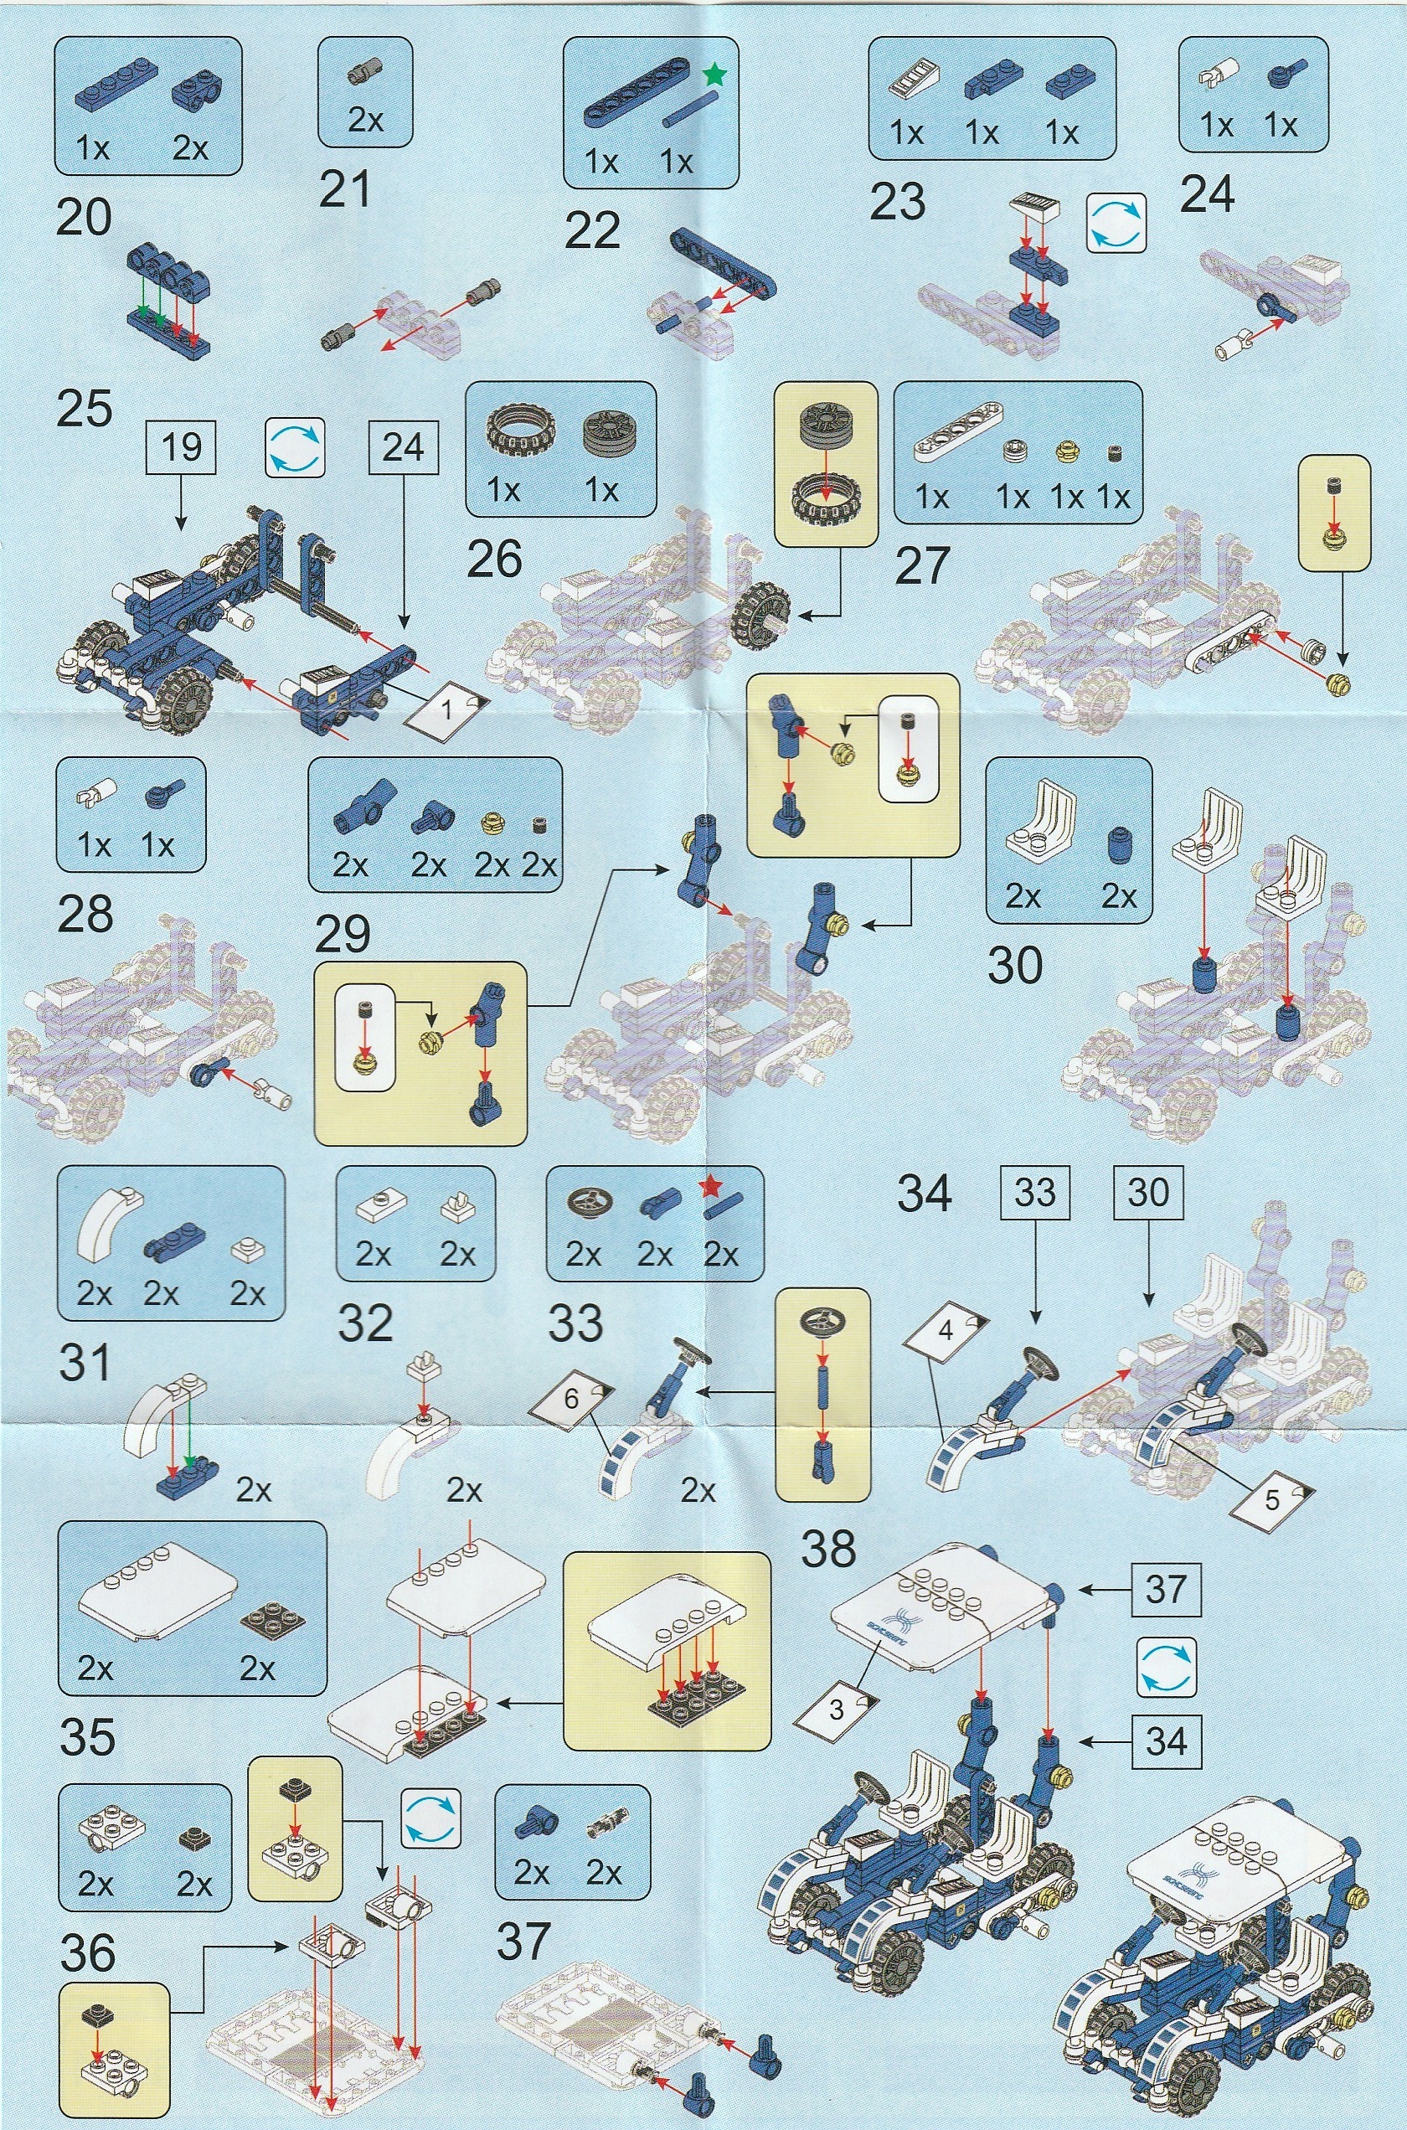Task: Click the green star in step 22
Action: pyautogui.click(x=714, y=75)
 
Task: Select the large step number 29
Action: pyautogui.click(x=343, y=935)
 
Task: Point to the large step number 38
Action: pyautogui.click(x=828, y=1548)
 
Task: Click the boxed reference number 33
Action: pyautogui.click(x=1034, y=1193)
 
